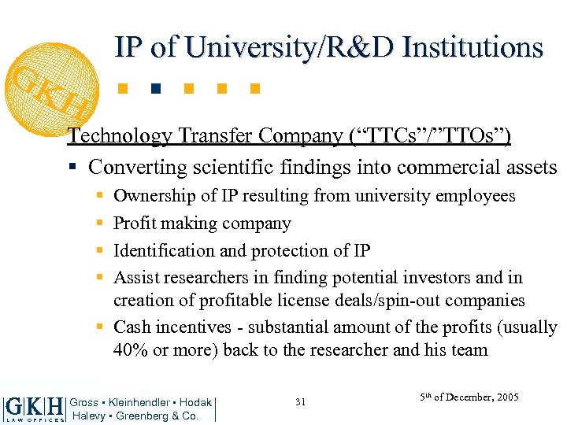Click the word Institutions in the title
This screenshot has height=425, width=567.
(x=472, y=47)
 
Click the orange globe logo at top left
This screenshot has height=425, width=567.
(x=50, y=84)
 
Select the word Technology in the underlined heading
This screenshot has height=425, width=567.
(x=120, y=136)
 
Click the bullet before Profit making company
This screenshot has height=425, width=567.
(x=98, y=224)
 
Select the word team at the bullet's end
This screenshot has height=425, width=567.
(x=469, y=350)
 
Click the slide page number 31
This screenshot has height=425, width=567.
(x=300, y=402)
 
